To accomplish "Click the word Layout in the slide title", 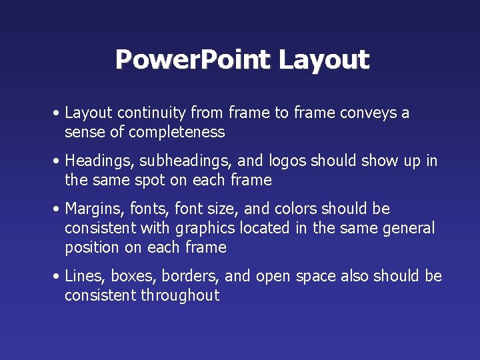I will click(323, 60).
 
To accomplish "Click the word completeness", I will click(177, 132).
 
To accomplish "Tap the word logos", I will click(287, 161).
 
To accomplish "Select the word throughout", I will click(180, 295).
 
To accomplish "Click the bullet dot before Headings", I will click(59, 161).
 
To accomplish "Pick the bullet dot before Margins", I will click(59, 209).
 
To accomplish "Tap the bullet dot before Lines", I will click(59, 277).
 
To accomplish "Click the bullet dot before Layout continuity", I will click(59, 113).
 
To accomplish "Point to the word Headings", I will click(95, 161).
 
